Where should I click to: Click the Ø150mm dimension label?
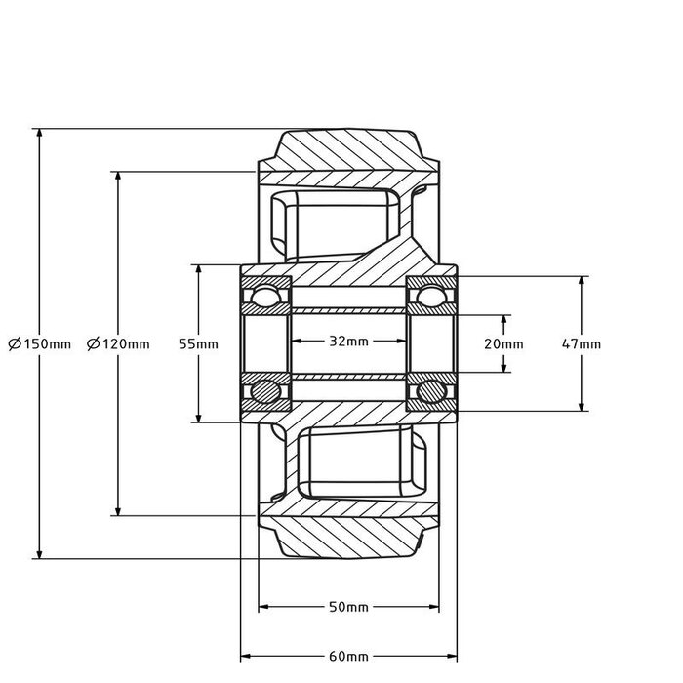(39, 343)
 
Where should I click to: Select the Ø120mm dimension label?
(118, 343)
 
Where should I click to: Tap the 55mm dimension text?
(198, 343)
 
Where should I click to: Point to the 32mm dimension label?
(348, 341)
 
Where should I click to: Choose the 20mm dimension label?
(504, 343)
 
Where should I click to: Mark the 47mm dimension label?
(582, 343)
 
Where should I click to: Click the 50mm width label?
(348, 607)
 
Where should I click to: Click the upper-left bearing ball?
(264, 296)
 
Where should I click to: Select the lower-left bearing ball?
(264, 391)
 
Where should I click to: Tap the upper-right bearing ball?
(430, 296)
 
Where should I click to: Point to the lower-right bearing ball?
(430, 391)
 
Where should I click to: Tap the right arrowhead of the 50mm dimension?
(433, 607)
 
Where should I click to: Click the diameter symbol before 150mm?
(14, 343)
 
